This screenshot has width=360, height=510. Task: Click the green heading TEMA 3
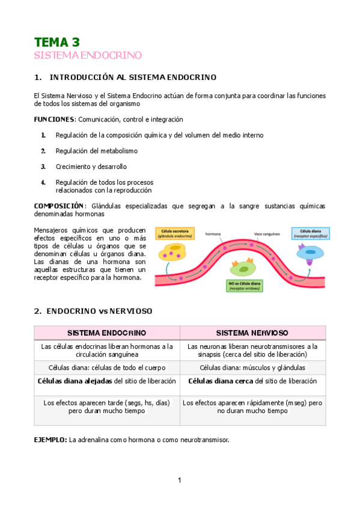pyautogui.click(x=56, y=42)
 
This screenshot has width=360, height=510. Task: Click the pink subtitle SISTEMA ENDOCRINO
pyautogui.click(x=88, y=55)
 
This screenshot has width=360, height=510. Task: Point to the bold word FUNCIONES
pyautogui.click(x=55, y=120)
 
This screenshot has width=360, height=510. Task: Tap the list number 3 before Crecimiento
pyautogui.click(x=43, y=167)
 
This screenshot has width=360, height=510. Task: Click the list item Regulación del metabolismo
pyautogui.click(x=96, y=151)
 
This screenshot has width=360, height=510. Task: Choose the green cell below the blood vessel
pyautogui.click(x=244, y=268)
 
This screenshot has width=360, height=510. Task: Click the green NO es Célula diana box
pyautogui.click(x=244, y=285)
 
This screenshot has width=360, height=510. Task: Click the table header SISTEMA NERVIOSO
pyautogui.click(x=252, y=333)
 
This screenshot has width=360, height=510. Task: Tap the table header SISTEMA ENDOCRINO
pyautogui.click(x=106, y=333)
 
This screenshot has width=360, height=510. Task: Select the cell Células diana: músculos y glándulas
pyautogui.click(x=252, y=367)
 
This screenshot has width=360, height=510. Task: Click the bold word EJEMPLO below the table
pyautogui.click(x=50, y=440)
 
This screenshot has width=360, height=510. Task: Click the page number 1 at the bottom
pyautogui.click(x=180, y=480)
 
